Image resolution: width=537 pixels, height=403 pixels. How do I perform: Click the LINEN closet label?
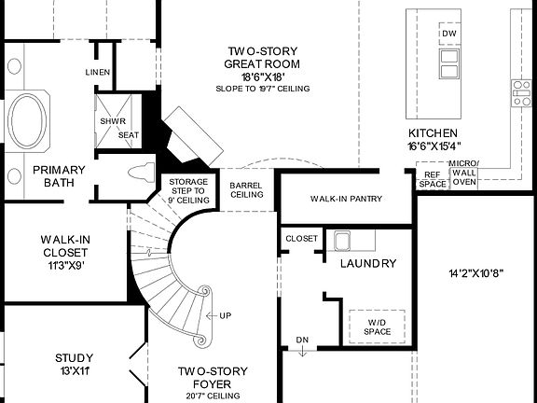coord(98,73)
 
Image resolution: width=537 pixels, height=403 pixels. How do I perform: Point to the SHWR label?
coord(113,120)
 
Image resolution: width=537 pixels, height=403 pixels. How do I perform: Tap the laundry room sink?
coord(339,243)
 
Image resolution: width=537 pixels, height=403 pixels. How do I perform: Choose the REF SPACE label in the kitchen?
coord(432,179)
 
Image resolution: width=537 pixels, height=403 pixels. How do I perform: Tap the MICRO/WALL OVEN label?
coord(463,173)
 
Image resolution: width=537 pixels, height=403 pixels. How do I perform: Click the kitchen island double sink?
coord(448,63)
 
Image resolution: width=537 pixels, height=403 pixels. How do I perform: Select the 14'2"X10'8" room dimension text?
coord(475,274)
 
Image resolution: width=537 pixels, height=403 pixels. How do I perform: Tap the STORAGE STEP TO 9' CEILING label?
coord(186,191)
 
